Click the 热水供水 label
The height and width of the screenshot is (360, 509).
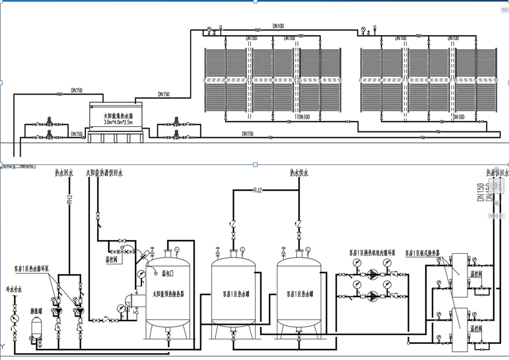(x=299, y=172)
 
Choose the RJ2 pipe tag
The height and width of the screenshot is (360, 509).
(x=258, y=190)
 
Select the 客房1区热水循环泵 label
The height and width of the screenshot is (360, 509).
(x=36, y=269)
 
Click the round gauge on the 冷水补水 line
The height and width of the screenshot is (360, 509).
(x=13, y=318)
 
